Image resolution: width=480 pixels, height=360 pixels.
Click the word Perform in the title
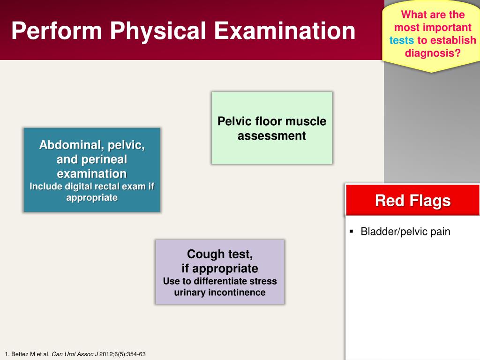coord(57,30)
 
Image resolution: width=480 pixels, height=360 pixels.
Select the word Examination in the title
coord(285,30)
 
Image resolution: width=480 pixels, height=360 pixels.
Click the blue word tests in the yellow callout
coord(401,40)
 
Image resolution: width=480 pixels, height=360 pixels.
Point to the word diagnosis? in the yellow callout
coord(433,53)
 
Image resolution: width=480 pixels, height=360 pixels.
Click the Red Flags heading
coord(412,201)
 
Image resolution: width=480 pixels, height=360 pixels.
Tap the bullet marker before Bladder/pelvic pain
coord(351,231)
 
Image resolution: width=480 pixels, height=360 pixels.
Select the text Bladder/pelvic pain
coord(405,232)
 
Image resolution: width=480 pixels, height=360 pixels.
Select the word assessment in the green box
coord(271,135)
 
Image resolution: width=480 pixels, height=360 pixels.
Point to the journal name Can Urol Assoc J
coord(75,354)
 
